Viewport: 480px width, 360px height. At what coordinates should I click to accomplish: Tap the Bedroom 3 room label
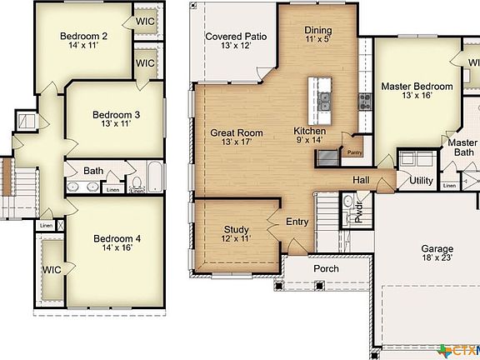click(116, 115)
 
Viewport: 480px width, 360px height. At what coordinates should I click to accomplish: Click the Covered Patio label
click(236, 37)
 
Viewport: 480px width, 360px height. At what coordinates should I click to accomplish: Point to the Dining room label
click(318, 31)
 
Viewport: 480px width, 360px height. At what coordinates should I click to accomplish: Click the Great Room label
click(236, 132)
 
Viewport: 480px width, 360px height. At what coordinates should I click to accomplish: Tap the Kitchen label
click(309, 132)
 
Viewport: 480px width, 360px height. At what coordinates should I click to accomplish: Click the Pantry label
click(354, 152)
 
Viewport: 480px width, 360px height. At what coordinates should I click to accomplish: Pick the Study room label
click(237, 229)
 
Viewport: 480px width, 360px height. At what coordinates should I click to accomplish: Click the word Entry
click(297, 222)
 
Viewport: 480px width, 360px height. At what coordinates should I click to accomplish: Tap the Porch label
click(326, 269)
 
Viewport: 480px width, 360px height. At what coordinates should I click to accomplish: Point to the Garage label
click(437, 249)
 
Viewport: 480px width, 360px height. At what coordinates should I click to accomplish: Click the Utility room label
click(421, 180)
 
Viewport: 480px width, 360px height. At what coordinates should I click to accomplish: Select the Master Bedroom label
click(417, 87)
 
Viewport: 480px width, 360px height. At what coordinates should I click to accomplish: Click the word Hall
click(360, 179)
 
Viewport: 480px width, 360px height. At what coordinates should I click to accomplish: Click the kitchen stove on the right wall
click(364, 102)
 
